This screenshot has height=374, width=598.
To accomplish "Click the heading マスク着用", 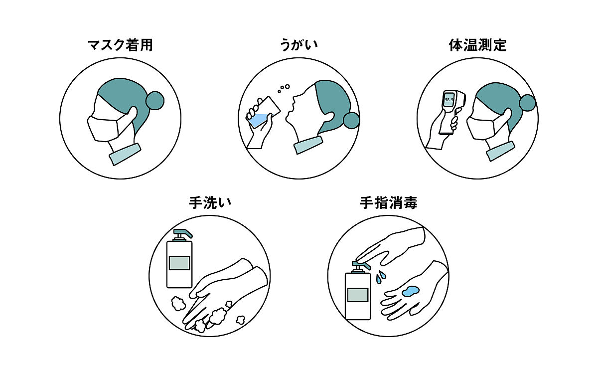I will (x=120, y=45).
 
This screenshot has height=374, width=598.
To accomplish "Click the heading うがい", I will (x=299, y=45).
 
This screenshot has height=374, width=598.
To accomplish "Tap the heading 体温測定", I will (x=477, y=45).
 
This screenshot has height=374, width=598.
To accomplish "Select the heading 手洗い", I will (x=210, y=203).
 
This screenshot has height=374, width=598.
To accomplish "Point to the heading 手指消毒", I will (x=388, y=203).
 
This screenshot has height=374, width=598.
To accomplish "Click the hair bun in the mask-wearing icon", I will (x=154, y=101).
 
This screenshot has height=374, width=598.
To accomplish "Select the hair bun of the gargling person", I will (x=351, y=120).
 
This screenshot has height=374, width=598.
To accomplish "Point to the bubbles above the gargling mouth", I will (x=284, y=88).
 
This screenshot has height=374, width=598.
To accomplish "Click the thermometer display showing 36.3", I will (x=448, y=99).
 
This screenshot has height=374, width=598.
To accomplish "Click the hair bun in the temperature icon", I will (x=527, y=102).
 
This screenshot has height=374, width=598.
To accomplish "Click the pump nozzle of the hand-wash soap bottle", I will (x=182, y=233).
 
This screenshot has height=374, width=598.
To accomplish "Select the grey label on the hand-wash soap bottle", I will (x=179, y=262).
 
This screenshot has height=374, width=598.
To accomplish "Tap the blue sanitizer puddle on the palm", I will (x=412, y=292).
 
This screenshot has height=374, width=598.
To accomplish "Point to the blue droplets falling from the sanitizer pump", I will (x=380, y=277).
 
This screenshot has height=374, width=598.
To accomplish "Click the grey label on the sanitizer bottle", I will (x=358, y=294).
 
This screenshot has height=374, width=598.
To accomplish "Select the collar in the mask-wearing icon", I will (x=125, y=154).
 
